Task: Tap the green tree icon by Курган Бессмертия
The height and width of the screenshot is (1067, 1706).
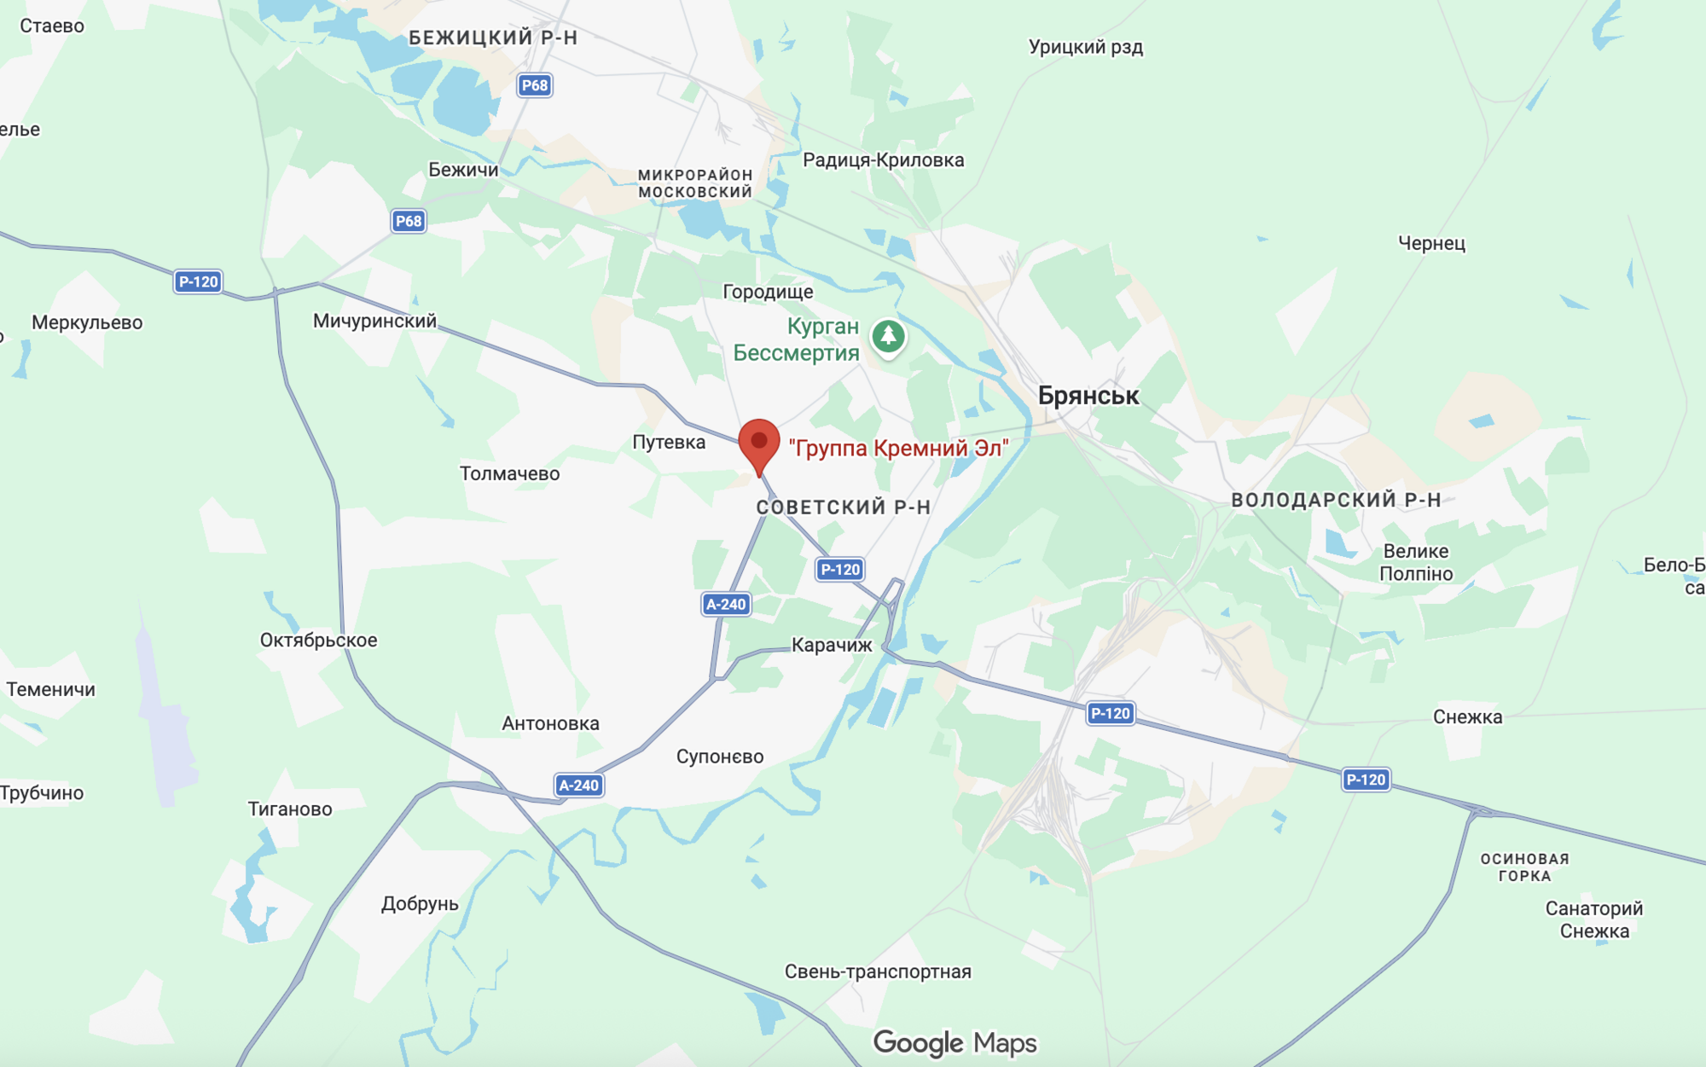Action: (888, 336)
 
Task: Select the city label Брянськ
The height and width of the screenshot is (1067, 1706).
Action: (1088, 396)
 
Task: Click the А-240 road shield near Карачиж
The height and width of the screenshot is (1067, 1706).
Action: (726, 605)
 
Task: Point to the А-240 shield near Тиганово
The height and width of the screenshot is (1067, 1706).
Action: (579, 786)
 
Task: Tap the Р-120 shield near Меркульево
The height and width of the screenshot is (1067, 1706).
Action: (198, 282)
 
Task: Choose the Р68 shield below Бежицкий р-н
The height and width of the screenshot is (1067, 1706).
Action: (535, 85)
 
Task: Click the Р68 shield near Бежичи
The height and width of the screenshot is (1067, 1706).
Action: (409, 222)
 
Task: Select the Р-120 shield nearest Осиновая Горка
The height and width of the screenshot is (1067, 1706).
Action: (1366, 780)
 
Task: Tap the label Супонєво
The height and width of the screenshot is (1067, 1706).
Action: (720, 757)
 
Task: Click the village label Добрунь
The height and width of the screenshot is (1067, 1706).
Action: (420, 904)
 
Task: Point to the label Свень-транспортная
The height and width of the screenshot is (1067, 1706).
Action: (878, 971)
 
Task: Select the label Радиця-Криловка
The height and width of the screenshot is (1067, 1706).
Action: (883, 160)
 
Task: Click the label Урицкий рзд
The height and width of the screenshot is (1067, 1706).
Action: (1085, 47)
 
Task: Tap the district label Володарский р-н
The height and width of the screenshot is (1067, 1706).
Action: (1336, 501)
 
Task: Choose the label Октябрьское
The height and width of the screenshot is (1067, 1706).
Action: (318, 641)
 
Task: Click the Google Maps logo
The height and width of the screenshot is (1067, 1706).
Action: (955, 1042)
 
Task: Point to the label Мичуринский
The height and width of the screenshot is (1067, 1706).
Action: (374, 322)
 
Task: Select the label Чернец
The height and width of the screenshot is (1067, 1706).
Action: (1431, 244)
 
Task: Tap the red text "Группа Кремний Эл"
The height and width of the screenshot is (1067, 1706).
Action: (898, 449)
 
